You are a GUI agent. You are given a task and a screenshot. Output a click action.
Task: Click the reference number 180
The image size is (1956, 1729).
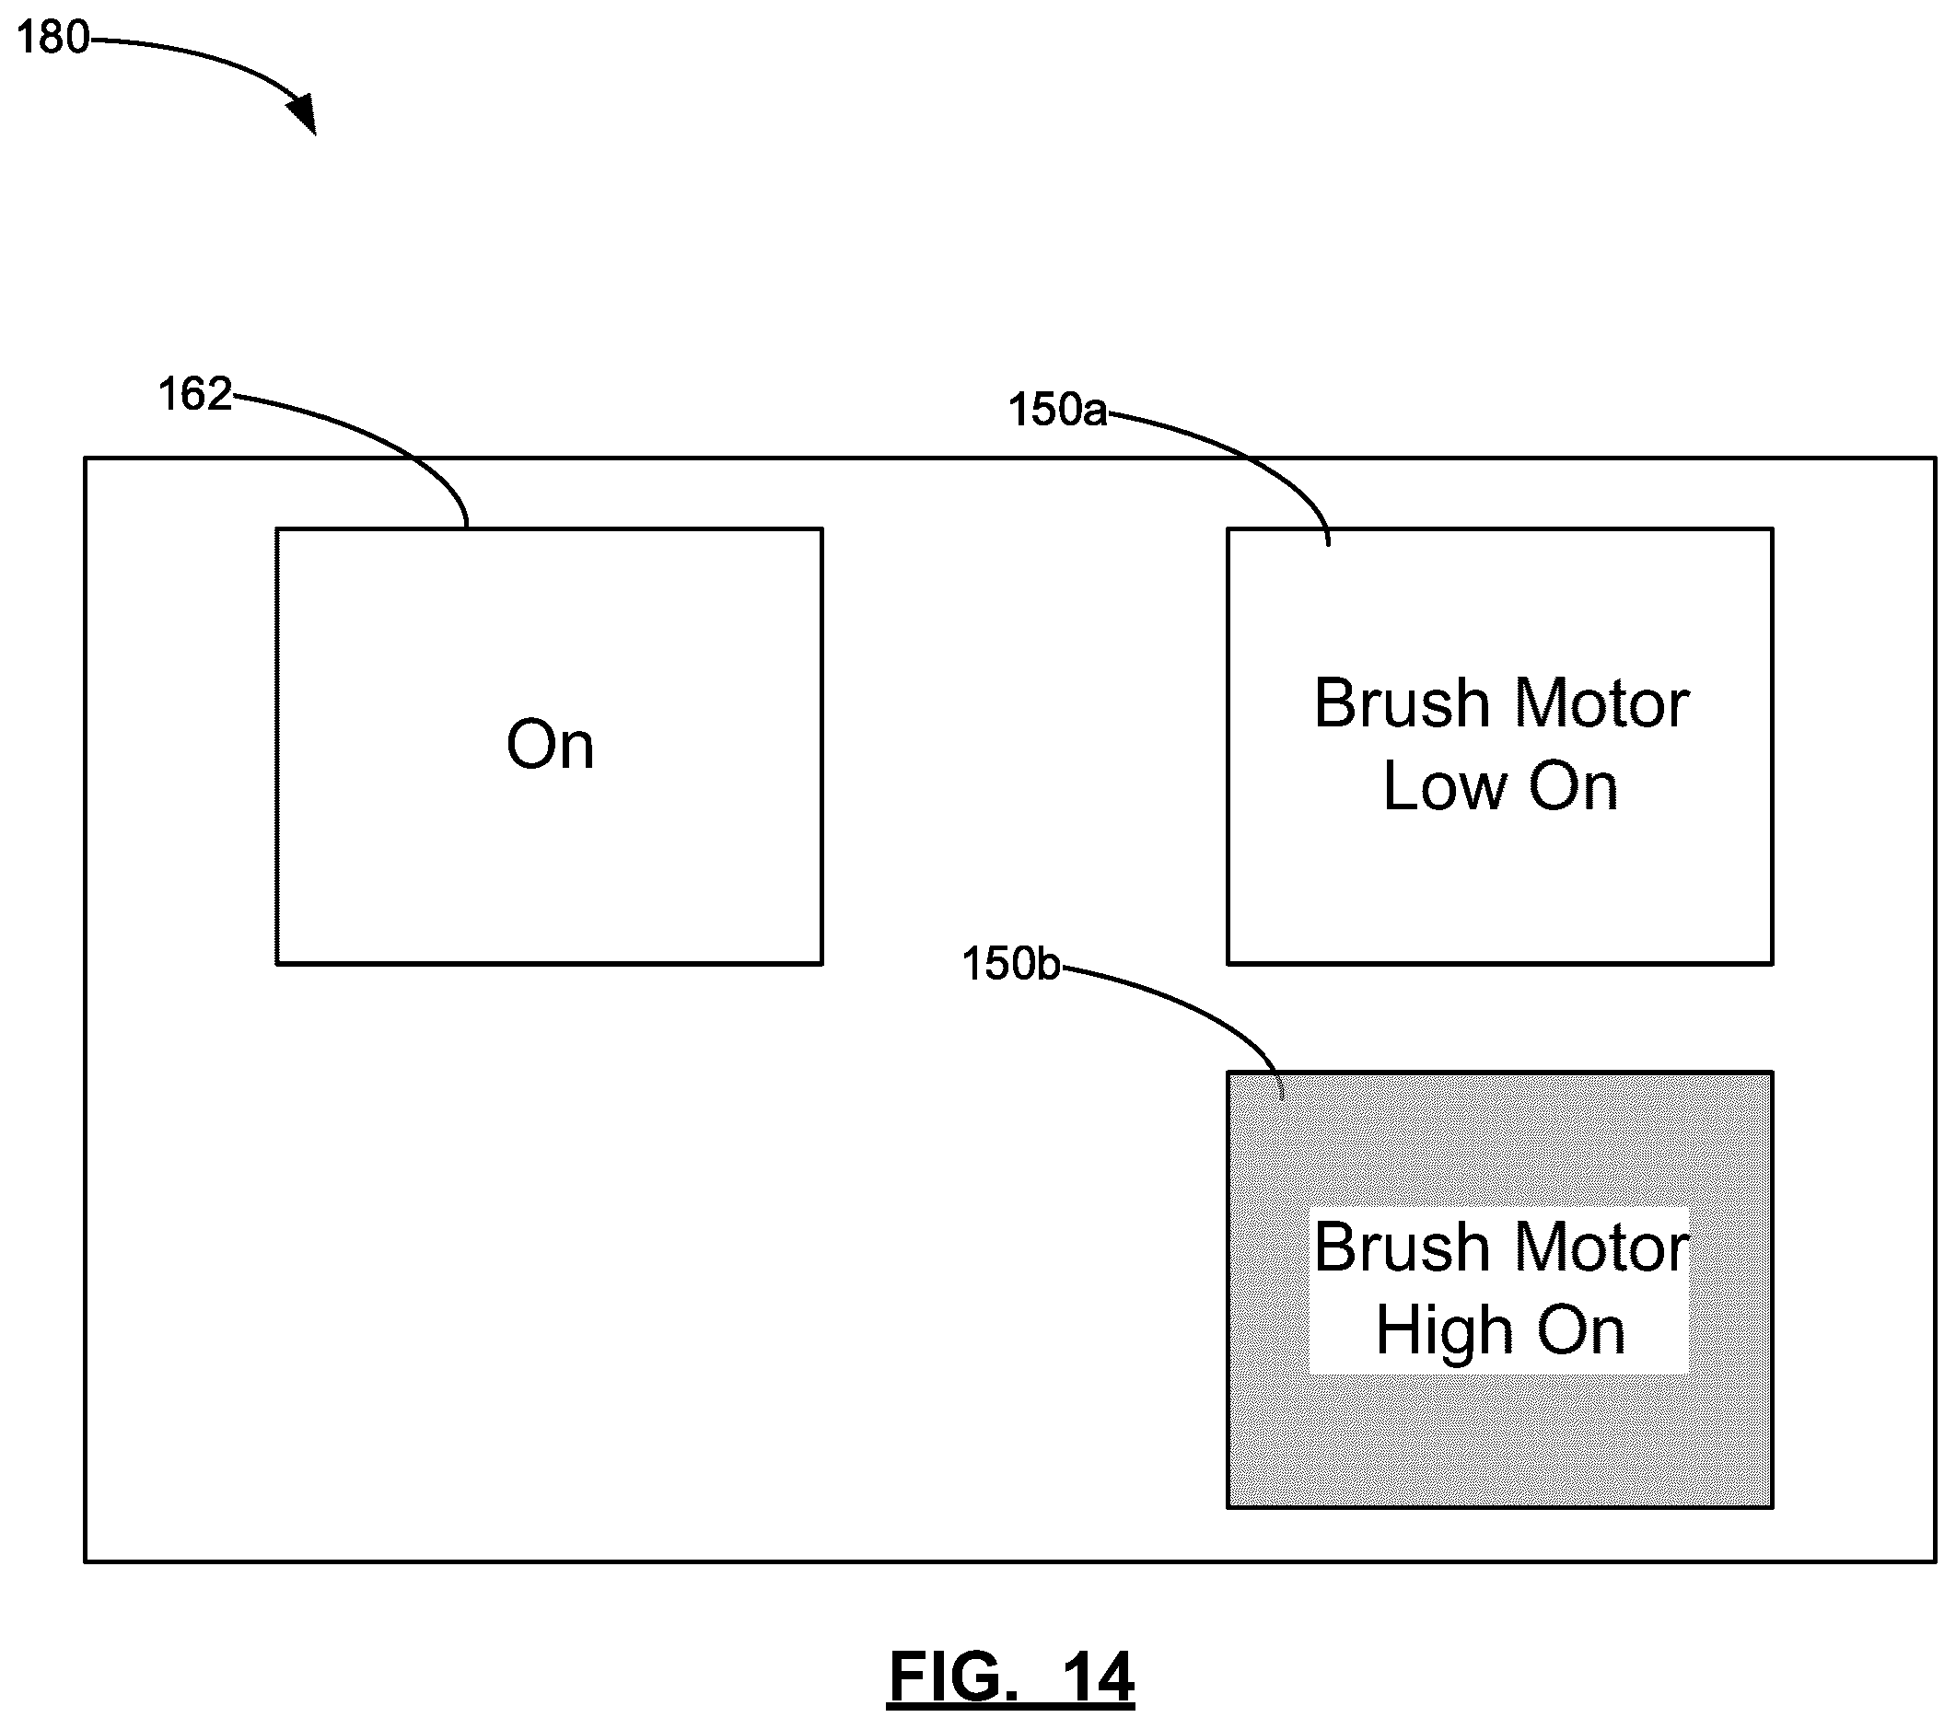(x=53, y=39)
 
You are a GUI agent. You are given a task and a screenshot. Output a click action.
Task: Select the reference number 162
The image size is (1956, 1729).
(x=195, y=394)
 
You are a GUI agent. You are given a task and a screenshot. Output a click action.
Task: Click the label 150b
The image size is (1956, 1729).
(x=1011, y=964)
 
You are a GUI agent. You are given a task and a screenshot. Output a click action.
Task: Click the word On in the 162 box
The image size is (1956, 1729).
(x=551, y=745)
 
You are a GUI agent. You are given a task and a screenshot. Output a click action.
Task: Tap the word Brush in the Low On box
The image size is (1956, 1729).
(x=1403, y=703)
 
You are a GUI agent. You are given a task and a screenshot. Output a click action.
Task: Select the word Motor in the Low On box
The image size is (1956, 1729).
(x=1604, y=704)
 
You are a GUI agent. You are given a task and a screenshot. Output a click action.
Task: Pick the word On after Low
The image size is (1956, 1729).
(x=1573, y=786)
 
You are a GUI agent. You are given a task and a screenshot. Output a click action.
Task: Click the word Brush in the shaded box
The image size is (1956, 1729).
(x=1403, y=1247)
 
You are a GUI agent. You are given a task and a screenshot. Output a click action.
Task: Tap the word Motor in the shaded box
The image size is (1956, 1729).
(x=1604, y=1248)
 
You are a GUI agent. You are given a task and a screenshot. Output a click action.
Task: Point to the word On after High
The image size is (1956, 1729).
(x=1581, y=1331)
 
